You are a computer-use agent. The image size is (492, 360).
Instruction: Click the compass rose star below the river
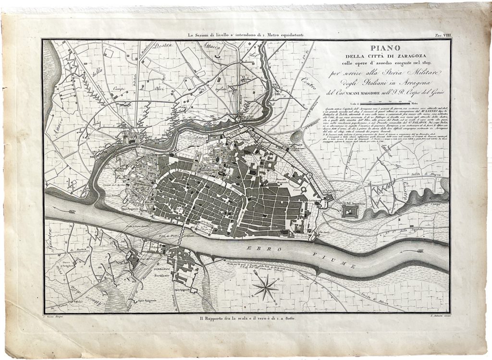[x=265, y=288]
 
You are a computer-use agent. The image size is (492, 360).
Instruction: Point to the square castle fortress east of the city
[x=351, y=209]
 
